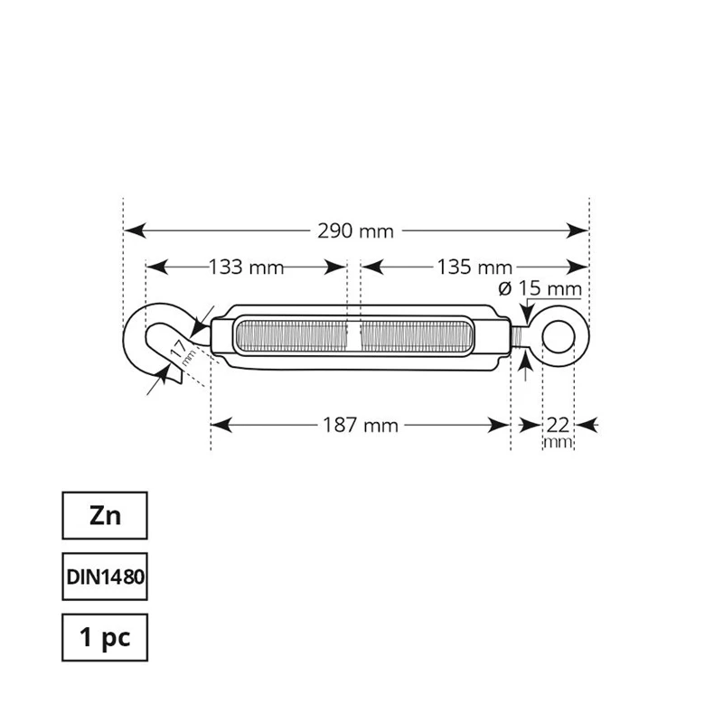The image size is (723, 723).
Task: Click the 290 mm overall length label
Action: (x=355, y=231)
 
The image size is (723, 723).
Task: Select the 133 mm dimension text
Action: (x=246, y=268)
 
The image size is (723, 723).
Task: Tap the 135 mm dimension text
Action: (x=474, y=268)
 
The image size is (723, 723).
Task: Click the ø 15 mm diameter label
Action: (x=540, y=289)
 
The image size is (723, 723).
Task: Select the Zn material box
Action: (x=104, y=516)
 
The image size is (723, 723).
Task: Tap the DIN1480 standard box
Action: (x=104, y=577)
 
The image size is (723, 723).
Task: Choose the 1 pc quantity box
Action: (x=104, y=637)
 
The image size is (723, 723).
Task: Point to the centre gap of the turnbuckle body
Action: (x=353, y=337)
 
